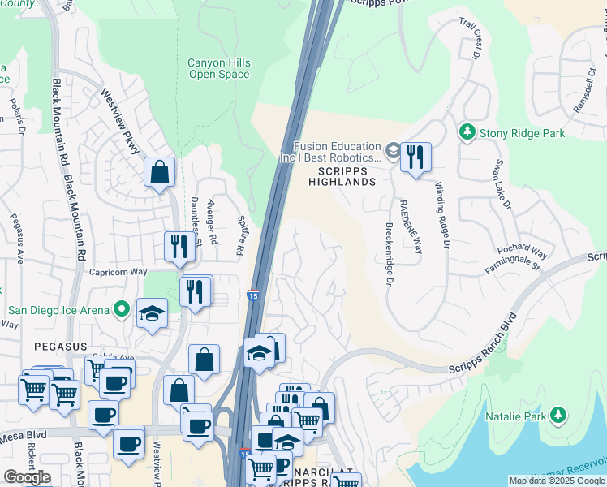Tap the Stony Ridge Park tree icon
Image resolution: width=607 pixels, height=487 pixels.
pos(467,131)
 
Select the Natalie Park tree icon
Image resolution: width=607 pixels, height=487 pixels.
pos(557,416)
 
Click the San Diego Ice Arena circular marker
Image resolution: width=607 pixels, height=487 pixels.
pos(122,308)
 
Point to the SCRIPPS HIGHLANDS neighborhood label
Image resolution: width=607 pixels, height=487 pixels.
pos(342,177)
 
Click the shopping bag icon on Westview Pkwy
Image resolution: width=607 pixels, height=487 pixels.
pos(160,172)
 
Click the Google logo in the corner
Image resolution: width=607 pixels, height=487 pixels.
pos(27,477)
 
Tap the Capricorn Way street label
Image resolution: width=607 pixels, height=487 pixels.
pos(118,273)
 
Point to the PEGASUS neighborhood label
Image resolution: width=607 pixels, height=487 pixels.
pos(60,346)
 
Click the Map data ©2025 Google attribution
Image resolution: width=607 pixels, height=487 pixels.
pos(556,481)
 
